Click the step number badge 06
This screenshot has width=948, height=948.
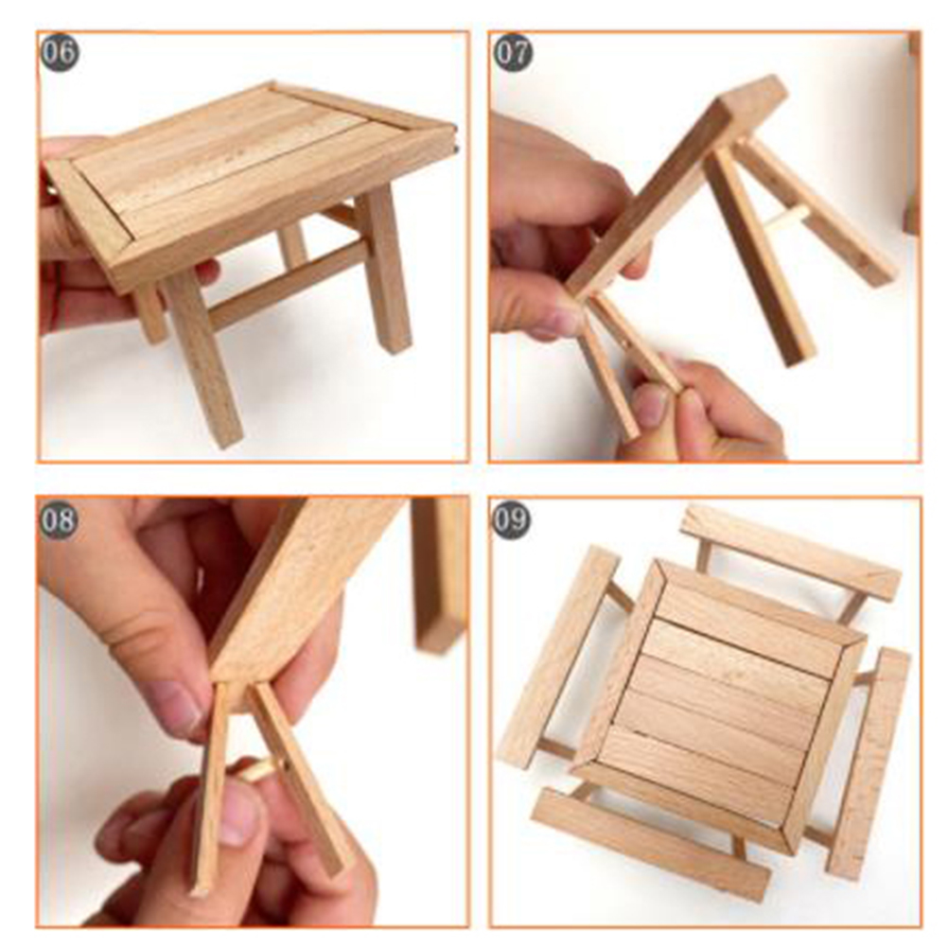pos(60,52)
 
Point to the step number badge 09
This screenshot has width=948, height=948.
pos(511,519)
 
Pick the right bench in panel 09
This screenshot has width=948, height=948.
pos(869,763)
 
